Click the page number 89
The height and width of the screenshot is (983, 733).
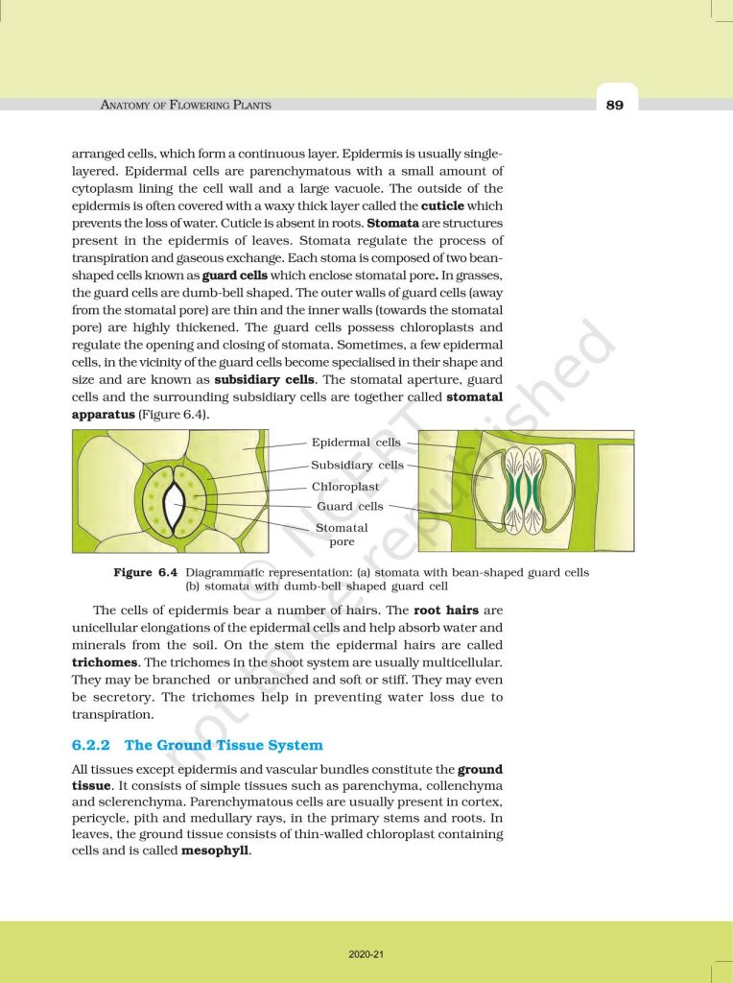tap(614, 105)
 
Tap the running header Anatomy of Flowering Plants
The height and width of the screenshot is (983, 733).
tap(185, 105)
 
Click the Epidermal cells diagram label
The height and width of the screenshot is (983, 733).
tap(356, 443)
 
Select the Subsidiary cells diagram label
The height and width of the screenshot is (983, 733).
tap(357, 465)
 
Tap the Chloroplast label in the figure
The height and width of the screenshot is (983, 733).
tap(345, 487)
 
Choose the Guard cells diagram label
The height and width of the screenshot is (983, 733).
tap(350, 506)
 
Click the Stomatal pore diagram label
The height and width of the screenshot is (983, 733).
tap(342, 535)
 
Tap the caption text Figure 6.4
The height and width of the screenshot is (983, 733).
tap(145, 573)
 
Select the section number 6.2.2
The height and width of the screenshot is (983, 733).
tap(92, 745)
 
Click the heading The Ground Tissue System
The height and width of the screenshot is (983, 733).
tap(224, 745)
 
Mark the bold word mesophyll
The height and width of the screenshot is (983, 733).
tap(215, 851)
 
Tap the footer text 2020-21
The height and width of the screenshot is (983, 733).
tap(366, 955)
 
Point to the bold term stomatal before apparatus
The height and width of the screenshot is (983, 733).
tap(475, 396)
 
